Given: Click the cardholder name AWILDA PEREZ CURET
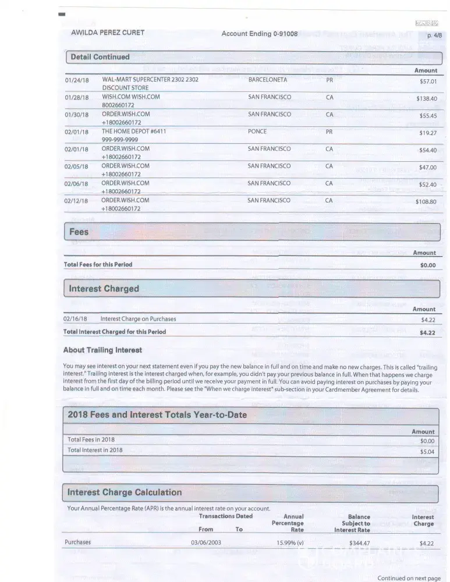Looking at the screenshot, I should point(108,33).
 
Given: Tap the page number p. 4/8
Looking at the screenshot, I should point(434,36).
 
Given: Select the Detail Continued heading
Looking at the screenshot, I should point(100,57).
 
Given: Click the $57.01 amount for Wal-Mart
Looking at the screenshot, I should point(428,81).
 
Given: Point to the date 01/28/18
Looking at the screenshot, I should point(76,97).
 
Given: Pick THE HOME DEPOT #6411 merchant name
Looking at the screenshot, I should point(134,132).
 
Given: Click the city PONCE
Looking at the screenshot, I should point(257,132).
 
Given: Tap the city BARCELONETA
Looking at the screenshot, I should point(268,80).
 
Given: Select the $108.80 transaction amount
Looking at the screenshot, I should point(426,202).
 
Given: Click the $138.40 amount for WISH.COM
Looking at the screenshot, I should point(426,99).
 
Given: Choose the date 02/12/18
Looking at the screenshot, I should point(76,201).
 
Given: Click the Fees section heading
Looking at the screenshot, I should point(79,232).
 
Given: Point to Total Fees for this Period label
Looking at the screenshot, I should point(98,265).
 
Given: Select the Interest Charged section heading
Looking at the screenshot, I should point(104,289).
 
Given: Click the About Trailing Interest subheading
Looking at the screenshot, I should point(102,350).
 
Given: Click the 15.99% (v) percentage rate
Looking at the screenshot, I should point(290,542).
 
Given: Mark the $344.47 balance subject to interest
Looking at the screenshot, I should point(359,543).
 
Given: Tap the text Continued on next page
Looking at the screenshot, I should point(409,578).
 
